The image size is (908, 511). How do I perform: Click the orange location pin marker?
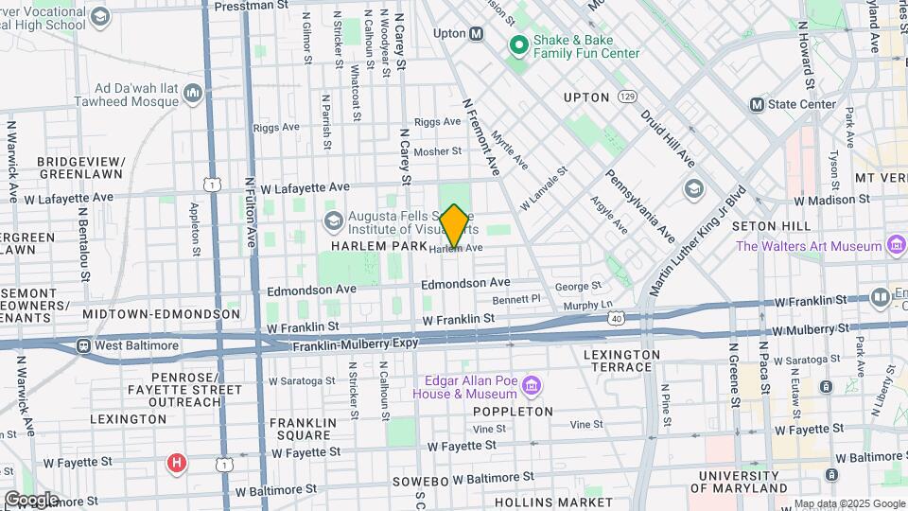coord(454,226)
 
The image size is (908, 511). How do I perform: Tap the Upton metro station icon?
coord(477,33)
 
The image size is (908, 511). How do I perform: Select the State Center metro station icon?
coord(757,104)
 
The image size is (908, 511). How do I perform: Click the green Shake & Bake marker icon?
coord(517,44)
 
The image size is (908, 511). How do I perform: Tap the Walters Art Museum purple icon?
coord(894,246)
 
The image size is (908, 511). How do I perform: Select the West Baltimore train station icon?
coord(84,345)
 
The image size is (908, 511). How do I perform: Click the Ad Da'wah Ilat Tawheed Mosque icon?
coord(194,92)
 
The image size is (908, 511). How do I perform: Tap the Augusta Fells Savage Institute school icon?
coord(333,221)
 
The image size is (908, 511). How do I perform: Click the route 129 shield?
coord(627,97)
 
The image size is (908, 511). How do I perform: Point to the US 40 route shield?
coord(616,322)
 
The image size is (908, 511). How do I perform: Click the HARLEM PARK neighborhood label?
coord(373,246)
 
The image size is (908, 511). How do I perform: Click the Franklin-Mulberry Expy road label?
coord(355,344)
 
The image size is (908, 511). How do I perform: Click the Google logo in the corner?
coord(30,499)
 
